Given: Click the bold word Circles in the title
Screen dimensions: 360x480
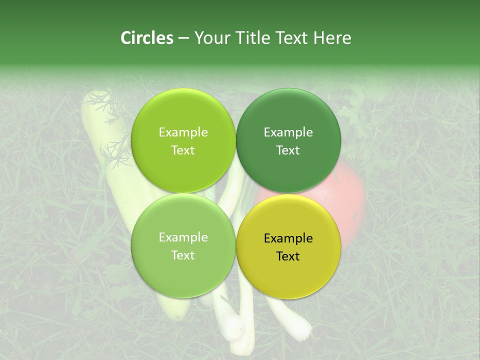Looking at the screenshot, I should click(146, 38).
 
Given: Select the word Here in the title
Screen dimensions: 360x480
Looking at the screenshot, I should click(332, 38).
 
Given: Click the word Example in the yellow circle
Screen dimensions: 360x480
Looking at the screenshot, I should click(288, 238).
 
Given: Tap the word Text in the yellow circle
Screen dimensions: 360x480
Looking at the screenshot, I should click(288, 256).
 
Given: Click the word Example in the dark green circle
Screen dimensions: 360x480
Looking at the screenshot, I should click(288, 132).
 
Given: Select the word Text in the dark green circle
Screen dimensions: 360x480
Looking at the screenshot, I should click(288, 150).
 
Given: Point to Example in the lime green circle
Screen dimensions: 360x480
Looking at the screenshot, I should click(183, 132).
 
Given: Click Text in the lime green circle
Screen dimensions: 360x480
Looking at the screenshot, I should click(183, 150).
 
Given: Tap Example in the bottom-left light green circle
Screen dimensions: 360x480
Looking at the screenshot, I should click(183, 237).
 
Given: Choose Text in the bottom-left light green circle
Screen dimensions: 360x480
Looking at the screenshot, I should click(183, 255).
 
